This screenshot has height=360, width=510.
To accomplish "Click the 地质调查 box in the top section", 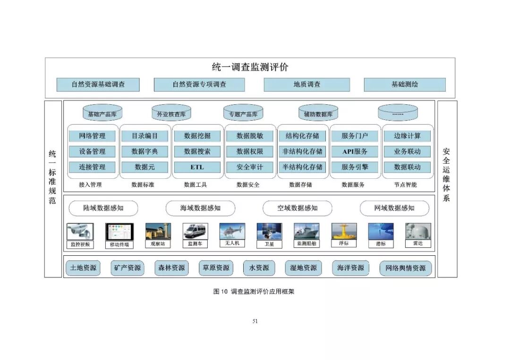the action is (x=306, y=85).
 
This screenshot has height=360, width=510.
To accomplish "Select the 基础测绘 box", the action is (x=405, y=85).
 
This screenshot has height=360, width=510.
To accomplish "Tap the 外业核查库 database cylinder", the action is (x=171, y=114).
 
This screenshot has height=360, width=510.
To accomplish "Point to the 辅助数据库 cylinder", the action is (x=318, y=114).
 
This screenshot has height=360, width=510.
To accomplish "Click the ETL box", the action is (x=197, y=167).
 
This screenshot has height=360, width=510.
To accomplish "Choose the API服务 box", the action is (x=355, y=151).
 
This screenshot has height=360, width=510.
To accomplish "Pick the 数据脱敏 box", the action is (x=250, y=136).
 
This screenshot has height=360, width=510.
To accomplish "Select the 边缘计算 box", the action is (x=407, y=136).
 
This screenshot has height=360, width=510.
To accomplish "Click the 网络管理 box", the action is (x=92, y=136).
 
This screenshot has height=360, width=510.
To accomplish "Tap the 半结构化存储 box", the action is (x=302, y=167).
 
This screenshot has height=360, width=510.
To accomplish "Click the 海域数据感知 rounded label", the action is (x=200, y=208).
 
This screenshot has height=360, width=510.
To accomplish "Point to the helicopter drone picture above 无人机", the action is (x=232, y=231).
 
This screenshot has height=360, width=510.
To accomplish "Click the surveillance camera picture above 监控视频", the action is (x=80, y=231).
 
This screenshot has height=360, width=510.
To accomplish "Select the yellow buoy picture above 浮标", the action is (x=344, y=231).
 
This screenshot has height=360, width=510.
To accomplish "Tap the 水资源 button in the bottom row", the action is (x=259, y=268).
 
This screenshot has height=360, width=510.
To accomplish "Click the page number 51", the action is (x=255, y=321).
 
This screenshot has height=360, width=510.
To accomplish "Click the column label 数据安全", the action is (x=248, y=185).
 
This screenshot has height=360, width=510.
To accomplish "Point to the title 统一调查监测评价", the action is (x=250, y=67).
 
